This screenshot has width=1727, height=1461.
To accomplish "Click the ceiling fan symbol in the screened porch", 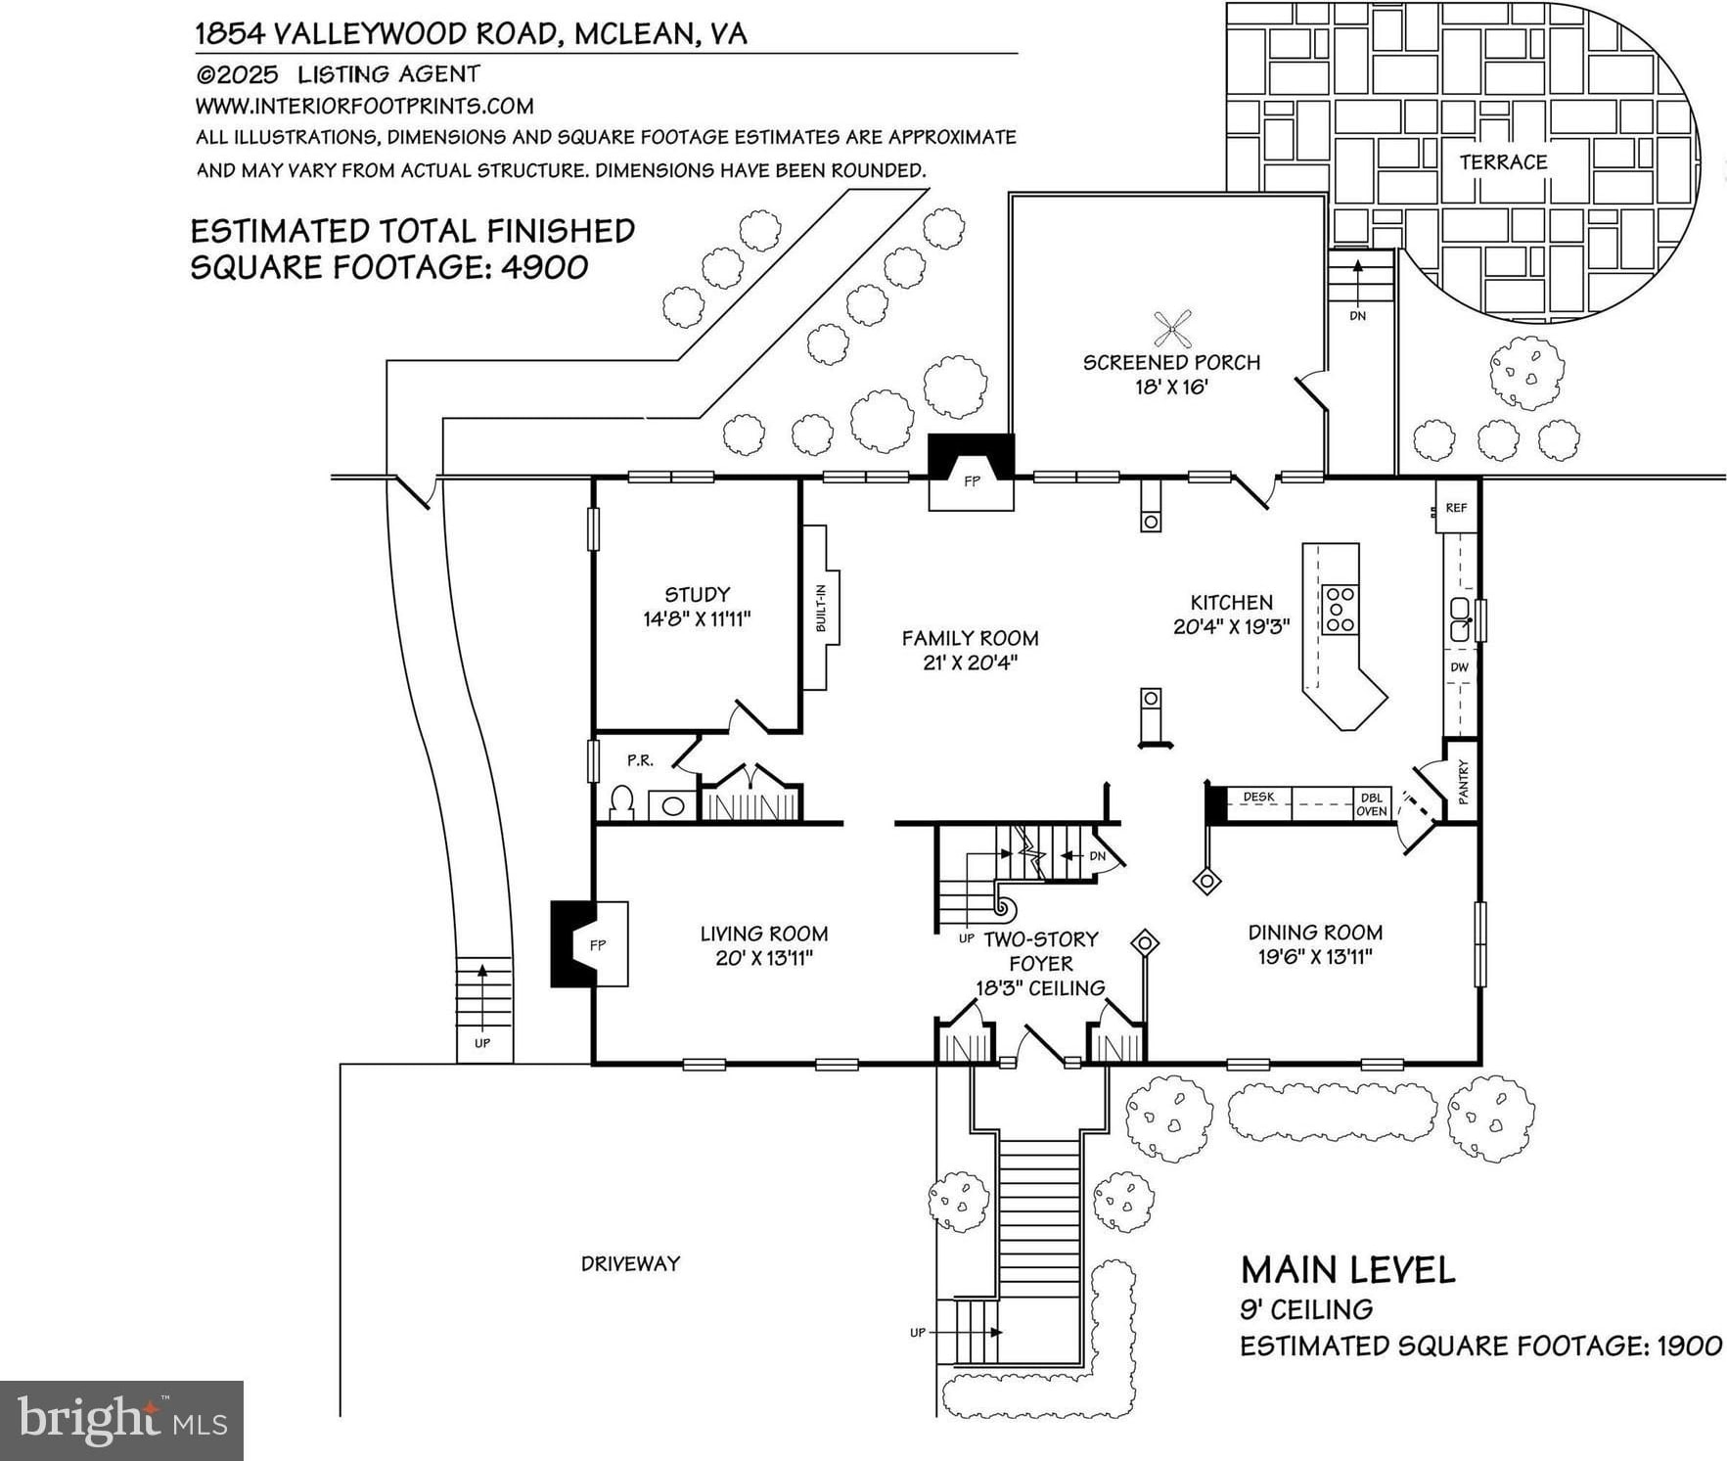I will click(1172, 328).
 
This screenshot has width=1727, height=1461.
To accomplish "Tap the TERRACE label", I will click(1503, 162).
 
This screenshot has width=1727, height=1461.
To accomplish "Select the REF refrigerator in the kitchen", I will click(1456, 508).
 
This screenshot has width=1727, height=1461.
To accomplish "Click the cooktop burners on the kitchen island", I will click(1340, 609).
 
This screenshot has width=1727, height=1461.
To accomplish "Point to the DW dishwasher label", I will click(1459, 667).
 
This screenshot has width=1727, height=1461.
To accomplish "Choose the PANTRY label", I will click(1464, 782).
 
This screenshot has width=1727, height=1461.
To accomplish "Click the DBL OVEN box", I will click(1371, 803).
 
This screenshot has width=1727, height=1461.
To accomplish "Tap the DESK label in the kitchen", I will click(1258, 797).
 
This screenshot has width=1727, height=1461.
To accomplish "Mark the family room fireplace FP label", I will click(972, 481).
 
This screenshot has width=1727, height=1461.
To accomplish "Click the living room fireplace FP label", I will click(598, 944).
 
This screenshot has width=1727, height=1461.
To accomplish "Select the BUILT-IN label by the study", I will click(821, 607).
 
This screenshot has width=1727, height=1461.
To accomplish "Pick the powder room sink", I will click(673, 805).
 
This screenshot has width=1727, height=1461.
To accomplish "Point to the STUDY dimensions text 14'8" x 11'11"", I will click(697, 619).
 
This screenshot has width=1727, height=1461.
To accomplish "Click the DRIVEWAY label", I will click(630, 1263).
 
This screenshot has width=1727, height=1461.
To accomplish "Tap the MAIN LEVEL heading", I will click(1347, 1270).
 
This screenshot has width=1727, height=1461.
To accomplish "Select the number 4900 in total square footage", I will click(544, 267).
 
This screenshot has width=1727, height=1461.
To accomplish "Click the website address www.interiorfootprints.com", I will click(365, 106).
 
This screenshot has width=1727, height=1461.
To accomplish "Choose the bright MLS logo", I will click(121, 1421).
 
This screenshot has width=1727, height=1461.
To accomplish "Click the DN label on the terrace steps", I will click(1357, 316).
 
